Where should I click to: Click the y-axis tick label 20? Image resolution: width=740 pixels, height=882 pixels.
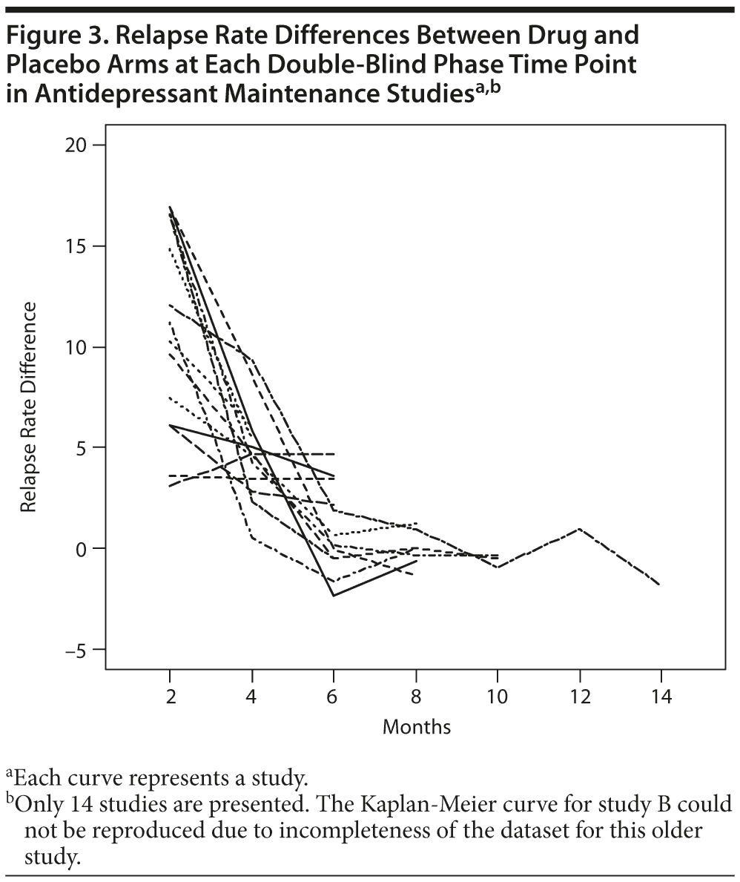75,145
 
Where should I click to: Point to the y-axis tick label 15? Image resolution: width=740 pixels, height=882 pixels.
75,246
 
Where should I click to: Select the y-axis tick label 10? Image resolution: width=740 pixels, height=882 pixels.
75,347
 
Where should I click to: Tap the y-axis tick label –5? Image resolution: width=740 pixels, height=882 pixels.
73,650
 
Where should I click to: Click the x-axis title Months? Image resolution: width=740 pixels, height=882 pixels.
416,726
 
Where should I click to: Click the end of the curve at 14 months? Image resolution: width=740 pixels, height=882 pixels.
659,585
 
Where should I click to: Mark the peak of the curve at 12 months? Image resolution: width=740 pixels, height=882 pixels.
578,528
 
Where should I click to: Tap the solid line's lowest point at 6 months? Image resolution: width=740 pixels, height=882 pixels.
334,596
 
